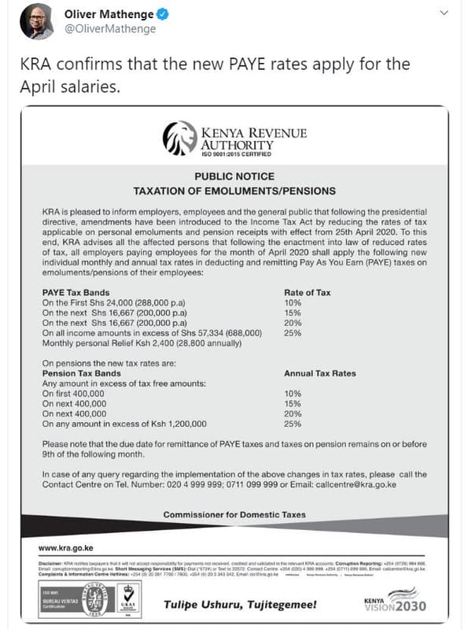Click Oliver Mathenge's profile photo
(36, 21)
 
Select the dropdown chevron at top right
(444, 14)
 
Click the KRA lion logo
(178, 139)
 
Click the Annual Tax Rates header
(319, 373)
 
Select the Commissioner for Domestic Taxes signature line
(234, 515)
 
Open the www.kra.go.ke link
(67, 547)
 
